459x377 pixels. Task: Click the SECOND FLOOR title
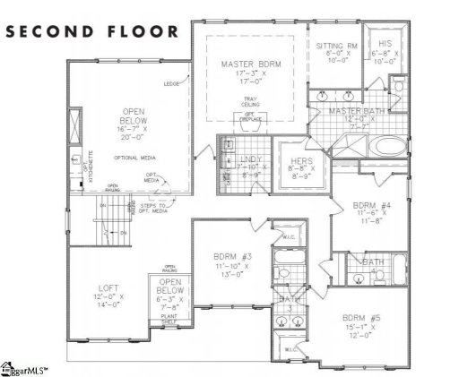point(93,30)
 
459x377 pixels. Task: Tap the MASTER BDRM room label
point(247,64)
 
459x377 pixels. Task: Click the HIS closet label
point(385,42)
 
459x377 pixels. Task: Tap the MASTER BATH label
point(358,110)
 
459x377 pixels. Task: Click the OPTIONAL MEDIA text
point(132,158)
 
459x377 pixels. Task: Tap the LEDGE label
point(171,85)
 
